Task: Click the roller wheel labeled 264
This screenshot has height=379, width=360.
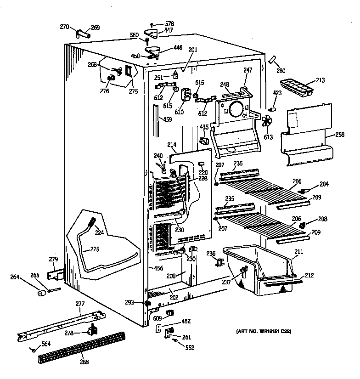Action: [x=43, y=293]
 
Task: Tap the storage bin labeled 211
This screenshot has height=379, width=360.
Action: [x=257, y=271]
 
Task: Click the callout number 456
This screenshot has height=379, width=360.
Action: [x=159, y=268]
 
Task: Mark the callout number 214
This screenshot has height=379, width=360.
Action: [x=172, y=146]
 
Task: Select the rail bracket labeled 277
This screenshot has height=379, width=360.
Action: [x=60, y=326]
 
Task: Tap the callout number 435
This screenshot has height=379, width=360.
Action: [x=204, y=127]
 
